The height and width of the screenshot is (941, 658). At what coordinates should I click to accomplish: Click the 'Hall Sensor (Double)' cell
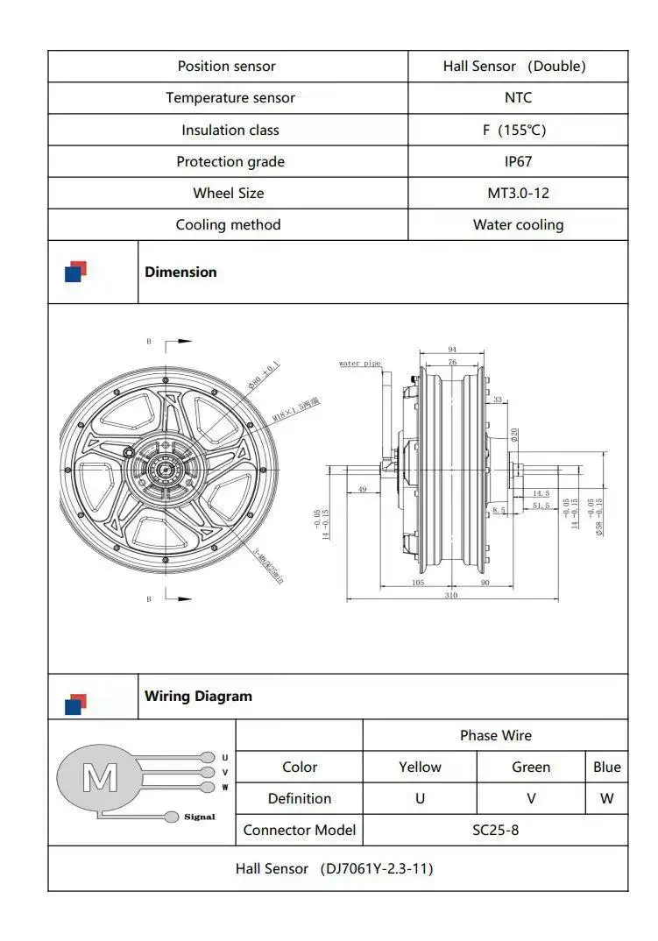click(514, 66)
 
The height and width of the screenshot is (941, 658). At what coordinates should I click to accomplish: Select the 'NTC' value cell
click(518, 97)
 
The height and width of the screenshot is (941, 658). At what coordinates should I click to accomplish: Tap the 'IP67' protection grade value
click(518, 161)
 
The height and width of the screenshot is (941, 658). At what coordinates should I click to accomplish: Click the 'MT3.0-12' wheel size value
click(518, 193)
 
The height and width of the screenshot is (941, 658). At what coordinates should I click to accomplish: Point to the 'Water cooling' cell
click(518, 224)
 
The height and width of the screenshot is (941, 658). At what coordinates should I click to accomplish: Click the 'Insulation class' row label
click(230, 130)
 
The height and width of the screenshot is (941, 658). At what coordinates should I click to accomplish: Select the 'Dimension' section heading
click(180, 272)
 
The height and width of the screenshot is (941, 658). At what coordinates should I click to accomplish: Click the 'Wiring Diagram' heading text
click(198, 697)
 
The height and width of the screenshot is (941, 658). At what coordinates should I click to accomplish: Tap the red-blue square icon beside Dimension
click(76, 272)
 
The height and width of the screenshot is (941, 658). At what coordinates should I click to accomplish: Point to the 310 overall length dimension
click(451, 595)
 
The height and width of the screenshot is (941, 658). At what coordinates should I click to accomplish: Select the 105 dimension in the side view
click(417, 582)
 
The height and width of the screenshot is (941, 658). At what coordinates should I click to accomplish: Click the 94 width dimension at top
click(452, 349)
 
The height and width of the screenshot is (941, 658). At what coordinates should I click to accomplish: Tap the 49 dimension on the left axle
click(362, 490)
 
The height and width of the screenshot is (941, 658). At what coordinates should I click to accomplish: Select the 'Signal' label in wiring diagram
click(199, 817)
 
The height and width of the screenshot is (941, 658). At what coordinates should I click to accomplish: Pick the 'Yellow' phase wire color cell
click(420, 767)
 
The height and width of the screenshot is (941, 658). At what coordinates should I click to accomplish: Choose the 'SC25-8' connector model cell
click(495, 830)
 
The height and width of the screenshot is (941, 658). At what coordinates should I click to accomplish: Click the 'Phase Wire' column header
click(495, 735)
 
